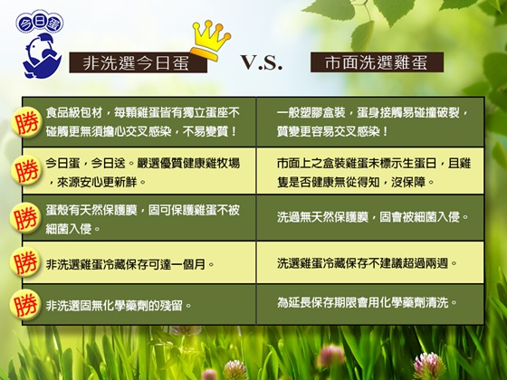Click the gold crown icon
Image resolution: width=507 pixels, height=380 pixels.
tap(210, 41)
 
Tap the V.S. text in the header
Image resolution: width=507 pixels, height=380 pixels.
tap(262, 62)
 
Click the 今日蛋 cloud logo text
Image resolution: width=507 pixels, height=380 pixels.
tap(40, 23)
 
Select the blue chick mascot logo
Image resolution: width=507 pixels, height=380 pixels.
tap(42, 56)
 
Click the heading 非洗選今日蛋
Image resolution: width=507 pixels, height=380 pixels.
tap(138, 62)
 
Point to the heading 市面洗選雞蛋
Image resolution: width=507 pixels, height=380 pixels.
tap(377, 62)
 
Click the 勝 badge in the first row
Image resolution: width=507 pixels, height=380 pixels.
tap(27, 122)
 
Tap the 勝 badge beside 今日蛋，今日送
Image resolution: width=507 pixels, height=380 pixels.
tap(27, 170)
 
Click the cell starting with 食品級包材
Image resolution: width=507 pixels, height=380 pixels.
tap(139, 122)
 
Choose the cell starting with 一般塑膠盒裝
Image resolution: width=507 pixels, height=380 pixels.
tap(370, 122)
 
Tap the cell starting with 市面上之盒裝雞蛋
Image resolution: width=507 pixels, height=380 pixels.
tap(370, 171)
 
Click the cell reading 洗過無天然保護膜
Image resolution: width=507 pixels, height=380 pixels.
tap(370, 218)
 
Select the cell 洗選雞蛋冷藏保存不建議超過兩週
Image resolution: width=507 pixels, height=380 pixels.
tap(370, 262)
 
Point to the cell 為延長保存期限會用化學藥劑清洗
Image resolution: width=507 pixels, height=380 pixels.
tap(370, 304)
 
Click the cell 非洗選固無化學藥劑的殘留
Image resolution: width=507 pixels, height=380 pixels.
tap(139, 304)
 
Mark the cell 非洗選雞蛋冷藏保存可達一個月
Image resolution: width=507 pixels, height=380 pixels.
tap(139, 262)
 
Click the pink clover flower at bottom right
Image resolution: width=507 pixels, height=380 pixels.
tap(429, 366)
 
